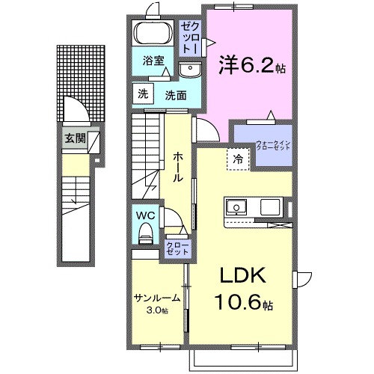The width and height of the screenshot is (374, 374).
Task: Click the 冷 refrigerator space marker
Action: point(237,159)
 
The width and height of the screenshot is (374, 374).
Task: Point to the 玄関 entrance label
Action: point(74,138)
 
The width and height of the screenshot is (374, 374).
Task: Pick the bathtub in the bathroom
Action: point(154,34)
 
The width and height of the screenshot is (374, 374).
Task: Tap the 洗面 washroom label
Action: point(177,95)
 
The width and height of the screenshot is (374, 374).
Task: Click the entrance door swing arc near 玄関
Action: point(76,110)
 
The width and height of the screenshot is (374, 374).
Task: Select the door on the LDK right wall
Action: point(303,280)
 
